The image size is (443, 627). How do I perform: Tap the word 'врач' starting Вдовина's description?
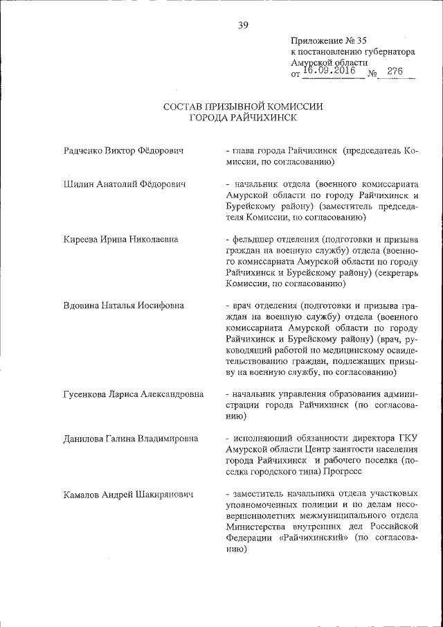coord(241,306)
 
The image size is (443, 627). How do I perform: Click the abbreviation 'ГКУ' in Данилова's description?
coord(408,439)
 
